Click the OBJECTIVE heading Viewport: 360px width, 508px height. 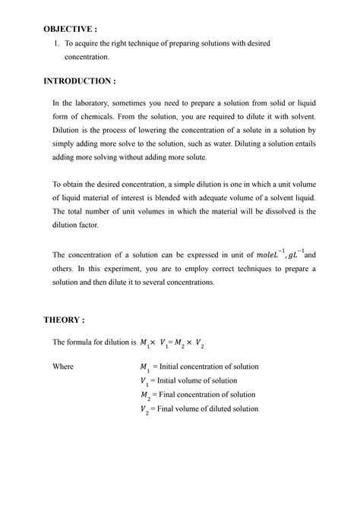click(70, 28)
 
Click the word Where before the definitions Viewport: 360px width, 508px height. click(63, 367)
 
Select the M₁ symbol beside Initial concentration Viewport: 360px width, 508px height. click(145, 368)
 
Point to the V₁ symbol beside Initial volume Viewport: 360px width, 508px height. click(144, 381)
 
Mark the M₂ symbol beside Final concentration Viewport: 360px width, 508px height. click(145, 395)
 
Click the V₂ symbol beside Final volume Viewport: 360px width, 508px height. click(144, 409)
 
